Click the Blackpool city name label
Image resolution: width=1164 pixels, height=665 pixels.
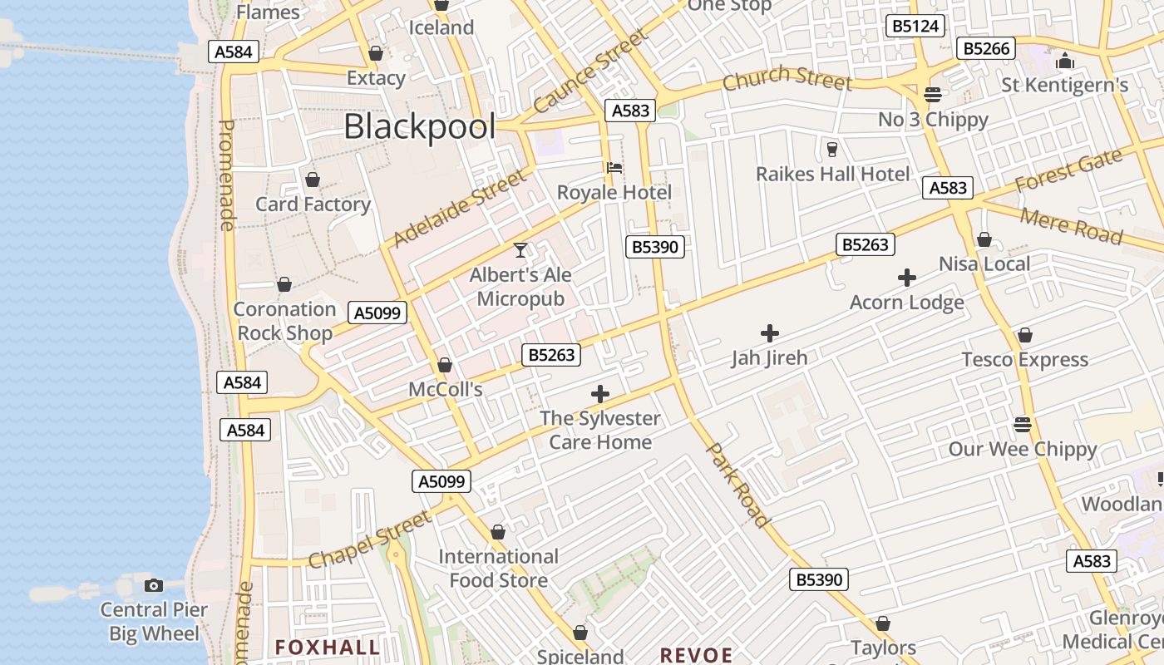(419, 127)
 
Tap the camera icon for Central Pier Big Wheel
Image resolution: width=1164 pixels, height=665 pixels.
(154, 585)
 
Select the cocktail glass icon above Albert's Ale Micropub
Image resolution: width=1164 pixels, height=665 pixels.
(520, 249)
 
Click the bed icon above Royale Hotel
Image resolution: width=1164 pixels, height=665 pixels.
(614, 167)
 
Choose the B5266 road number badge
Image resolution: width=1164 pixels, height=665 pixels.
(986, 48)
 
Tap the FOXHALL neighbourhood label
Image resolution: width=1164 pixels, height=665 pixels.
(328, 647)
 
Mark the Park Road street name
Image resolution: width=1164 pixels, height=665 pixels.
(737, 485)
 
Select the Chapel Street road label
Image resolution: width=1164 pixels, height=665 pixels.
(370, 539)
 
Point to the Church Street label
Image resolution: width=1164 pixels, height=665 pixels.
(787, 78)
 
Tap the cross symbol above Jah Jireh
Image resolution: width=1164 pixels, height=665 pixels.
(770, 333)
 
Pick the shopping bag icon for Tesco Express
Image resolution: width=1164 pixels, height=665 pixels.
(1024, 335)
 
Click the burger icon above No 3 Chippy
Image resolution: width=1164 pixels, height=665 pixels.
(932, 94)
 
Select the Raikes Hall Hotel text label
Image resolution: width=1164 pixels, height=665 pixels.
(832, 175)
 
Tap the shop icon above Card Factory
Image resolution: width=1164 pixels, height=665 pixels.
(313, 180)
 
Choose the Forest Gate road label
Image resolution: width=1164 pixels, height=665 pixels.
(1068, 171)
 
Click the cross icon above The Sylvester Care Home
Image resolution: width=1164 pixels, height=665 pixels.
(599, 394)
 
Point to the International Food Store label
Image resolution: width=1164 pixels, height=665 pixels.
(498, 568)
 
